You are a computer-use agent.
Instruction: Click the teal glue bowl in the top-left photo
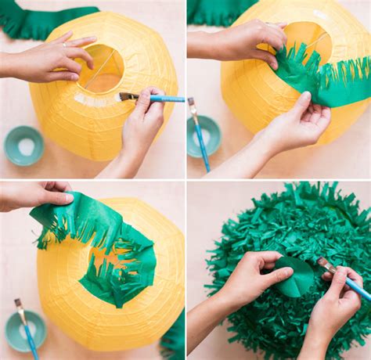coord(24,146)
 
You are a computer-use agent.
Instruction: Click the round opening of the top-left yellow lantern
coord(102,69)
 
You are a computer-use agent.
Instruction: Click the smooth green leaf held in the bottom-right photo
coord(295,278)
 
